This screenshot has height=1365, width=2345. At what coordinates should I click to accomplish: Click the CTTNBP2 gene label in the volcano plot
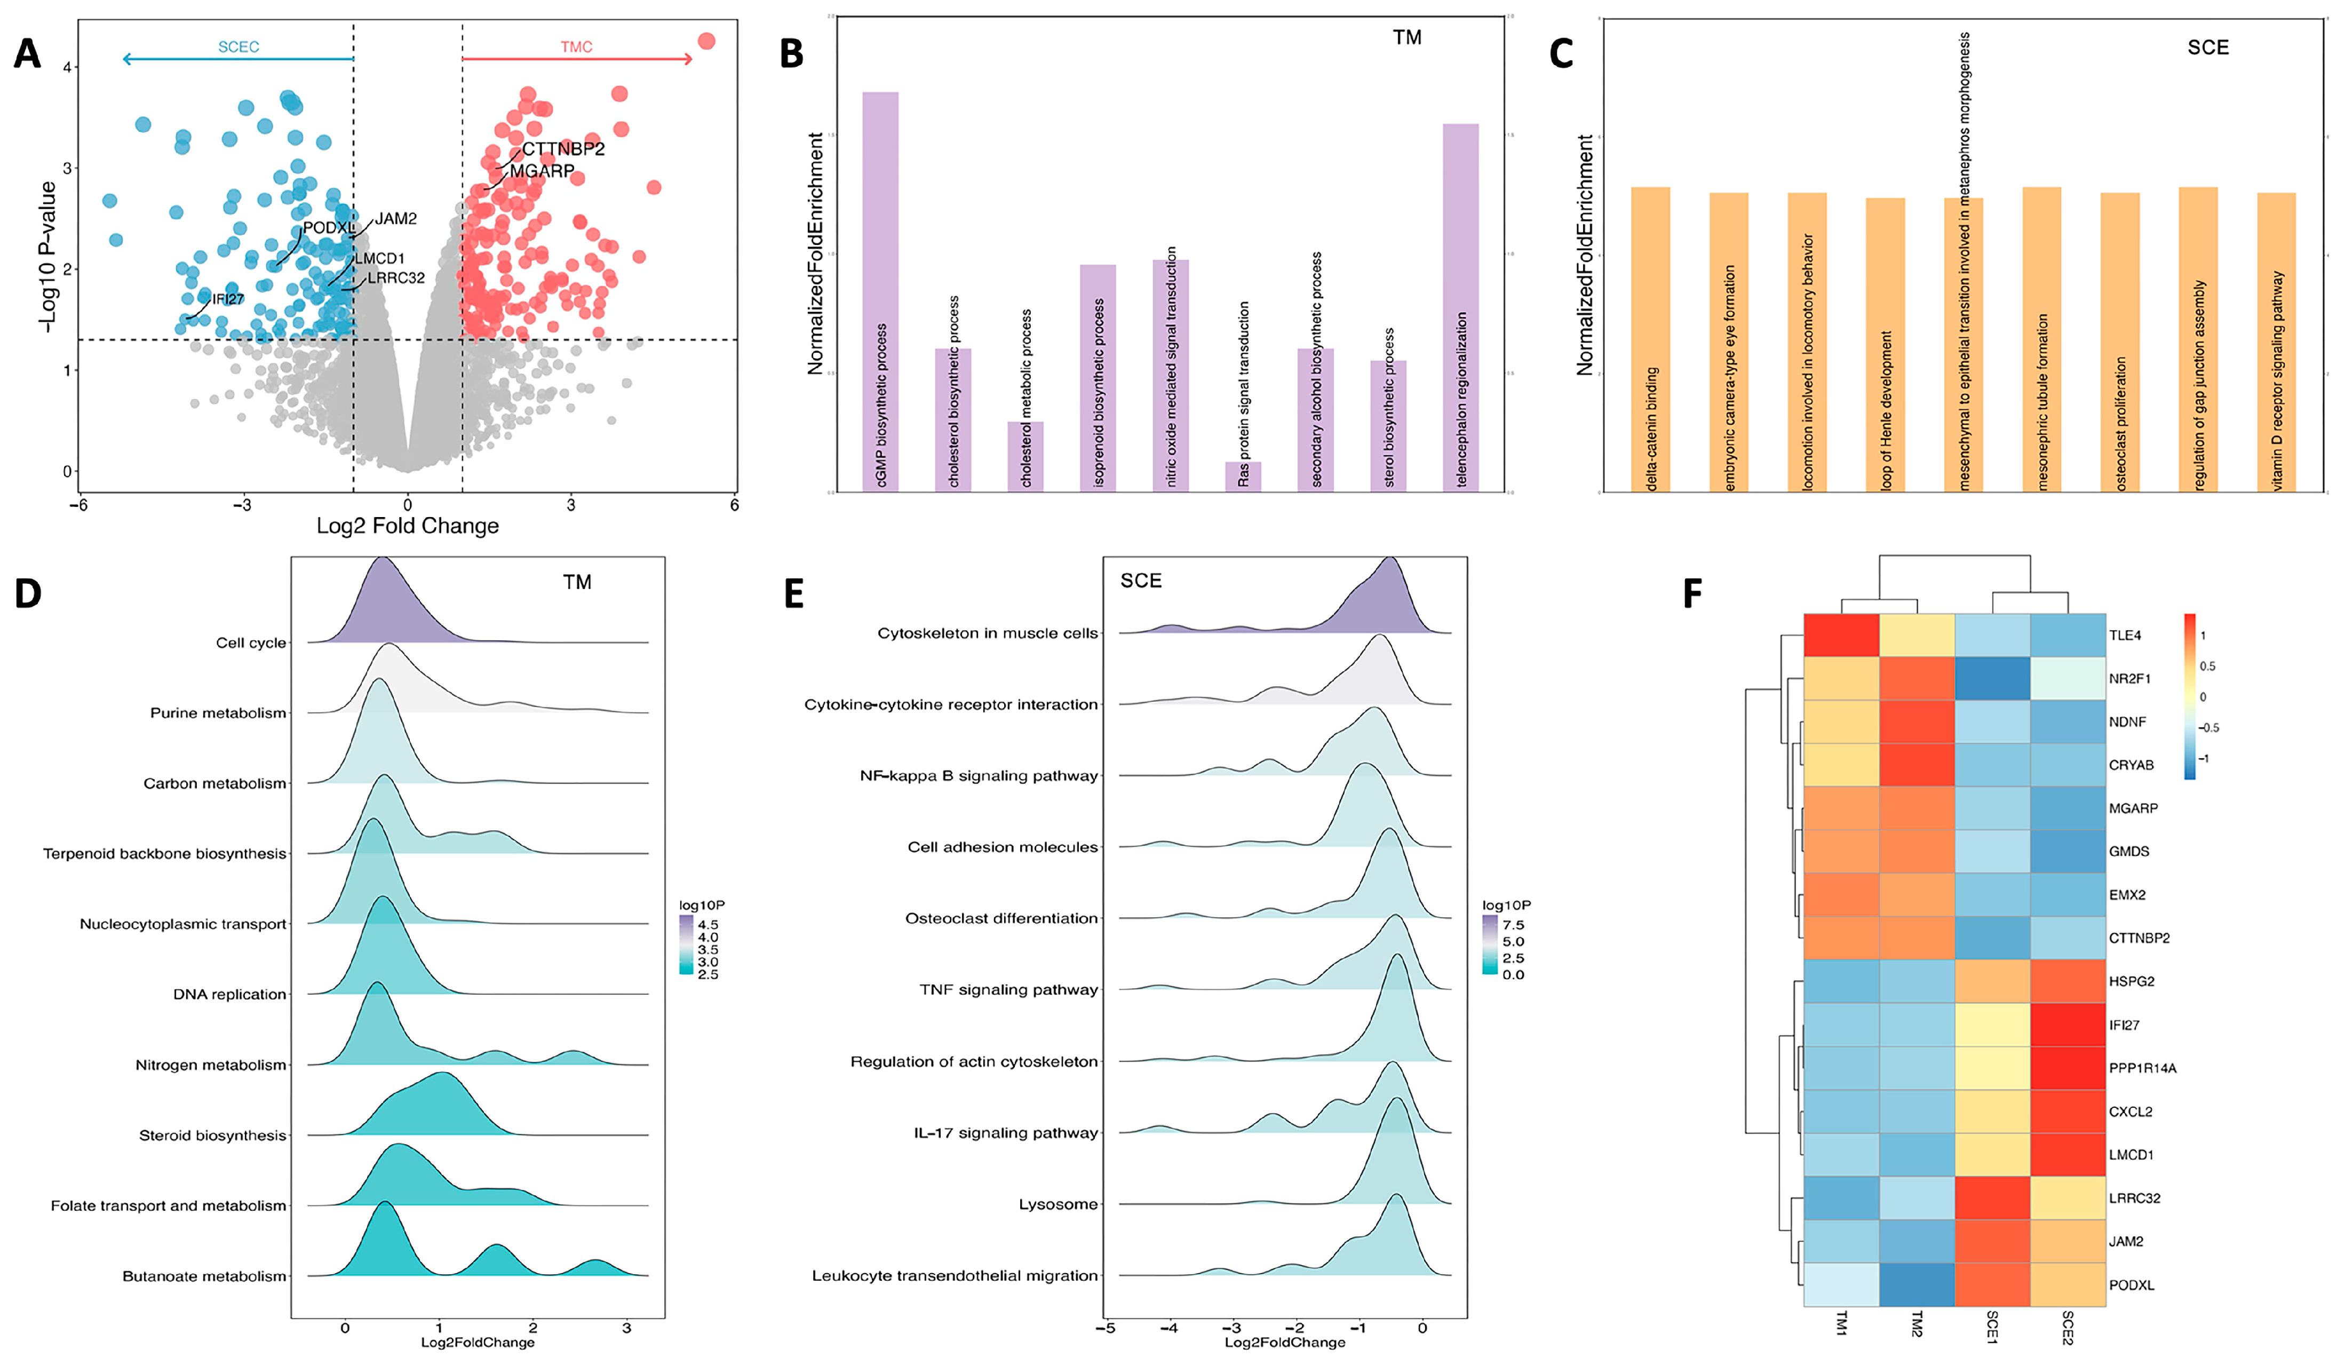(563, 149)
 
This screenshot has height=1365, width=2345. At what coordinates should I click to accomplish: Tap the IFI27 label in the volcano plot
(228, 299)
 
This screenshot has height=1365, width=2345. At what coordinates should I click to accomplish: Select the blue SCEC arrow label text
(238, 46)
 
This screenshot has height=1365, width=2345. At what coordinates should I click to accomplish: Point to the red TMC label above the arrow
(576, 46)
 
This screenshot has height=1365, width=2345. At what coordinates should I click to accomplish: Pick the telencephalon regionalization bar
(1460, 307)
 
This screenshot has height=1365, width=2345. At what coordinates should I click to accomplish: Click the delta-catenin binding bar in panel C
(1650, 339)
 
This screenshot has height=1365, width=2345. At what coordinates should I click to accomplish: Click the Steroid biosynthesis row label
(212, 1135)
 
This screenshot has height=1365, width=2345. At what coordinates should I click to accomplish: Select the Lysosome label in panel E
(1058, 1204)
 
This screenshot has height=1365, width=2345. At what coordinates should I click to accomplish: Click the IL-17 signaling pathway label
(1005, 1132)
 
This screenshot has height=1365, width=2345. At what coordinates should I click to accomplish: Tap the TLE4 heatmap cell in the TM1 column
(1841, 636)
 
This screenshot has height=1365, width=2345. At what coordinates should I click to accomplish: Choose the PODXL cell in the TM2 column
(1917, 1284)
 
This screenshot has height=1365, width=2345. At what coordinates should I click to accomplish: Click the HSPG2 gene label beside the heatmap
(2131, 982)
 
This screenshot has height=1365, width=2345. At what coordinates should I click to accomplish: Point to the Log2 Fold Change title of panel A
(408, 526)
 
